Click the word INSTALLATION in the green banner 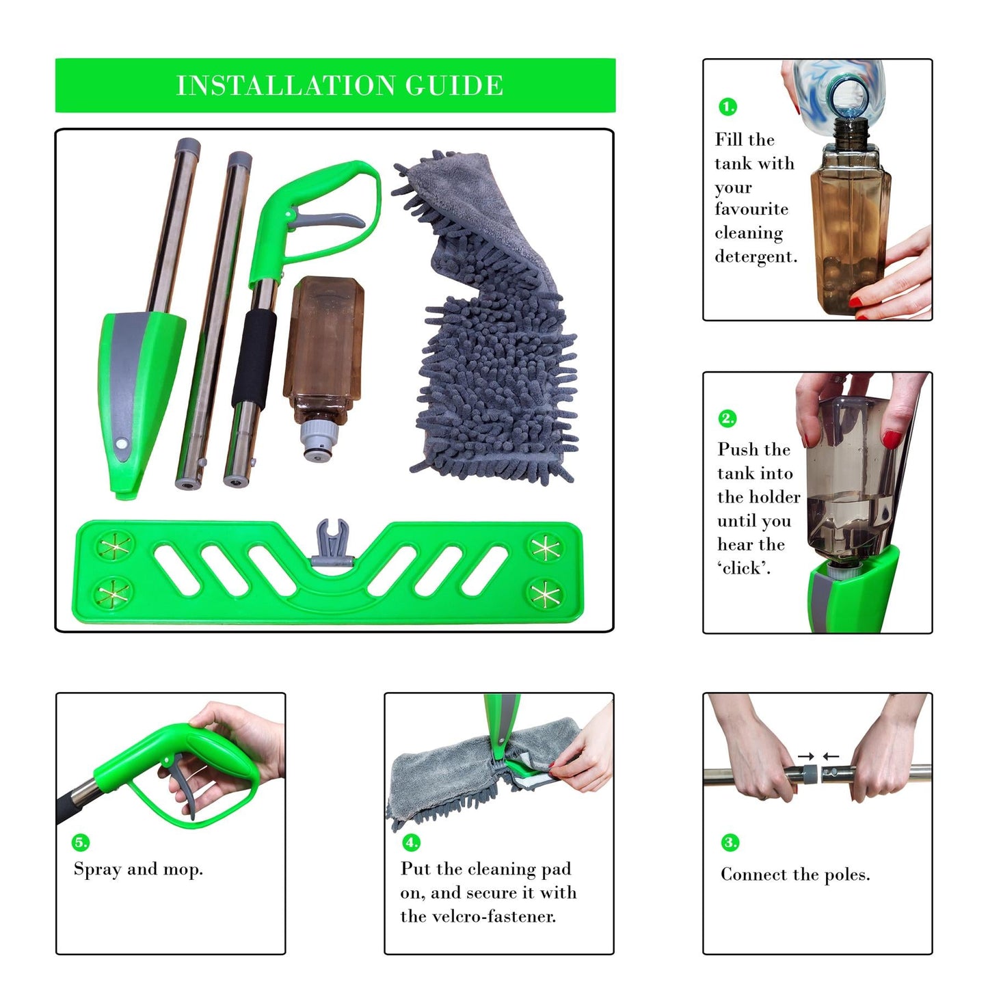tap(286, 86)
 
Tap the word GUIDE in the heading tap(454, 86)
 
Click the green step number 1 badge tap(727, 107)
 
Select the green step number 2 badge tap(727, 418)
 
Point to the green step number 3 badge tap(730, 842)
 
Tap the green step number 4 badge tap(411, 842)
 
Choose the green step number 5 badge tap(81, 842)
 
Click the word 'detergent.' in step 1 tap(756, 257)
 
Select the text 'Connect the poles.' tap(795, 874)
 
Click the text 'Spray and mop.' tap(138, 869)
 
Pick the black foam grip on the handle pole tap(254, 360)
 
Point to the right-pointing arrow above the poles tap(807, 756)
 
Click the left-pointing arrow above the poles tap(831, 756)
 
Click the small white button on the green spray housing tap(122, 443)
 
